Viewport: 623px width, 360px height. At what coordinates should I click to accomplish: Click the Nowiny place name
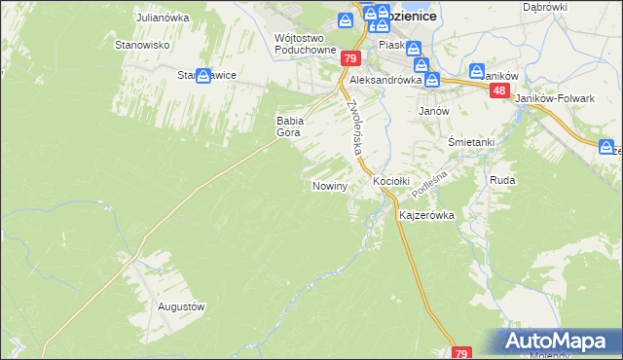pyautogui.click(x=329, y=185)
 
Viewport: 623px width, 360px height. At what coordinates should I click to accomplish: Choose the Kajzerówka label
pyautogui.click(x=426, y=215)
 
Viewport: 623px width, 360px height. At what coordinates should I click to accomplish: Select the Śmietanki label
pyautogui.click(x=471, y=142)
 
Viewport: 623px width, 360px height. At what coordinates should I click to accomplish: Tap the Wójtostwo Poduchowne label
pyautogui.click(x=306, y=44)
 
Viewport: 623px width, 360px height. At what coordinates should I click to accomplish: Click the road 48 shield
pyautogui.click(x=499, y=90)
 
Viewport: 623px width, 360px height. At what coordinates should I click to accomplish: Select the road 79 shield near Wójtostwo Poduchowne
pyautogui.click(x=351, y=59)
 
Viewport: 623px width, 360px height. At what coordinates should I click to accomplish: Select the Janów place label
pyautogui.click(x=433, y=111)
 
